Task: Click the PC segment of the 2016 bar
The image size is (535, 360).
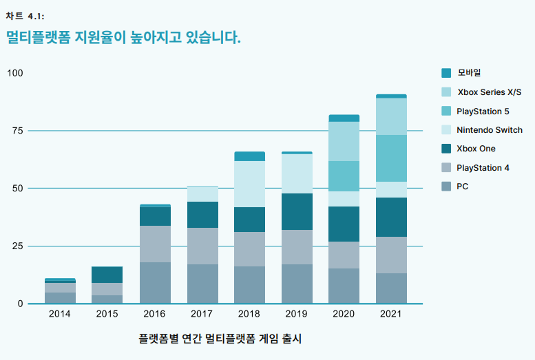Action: coord(156,282)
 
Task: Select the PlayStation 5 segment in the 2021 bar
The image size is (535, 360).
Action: coord(391,158)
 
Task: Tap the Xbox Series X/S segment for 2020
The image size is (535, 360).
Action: coord(344,141)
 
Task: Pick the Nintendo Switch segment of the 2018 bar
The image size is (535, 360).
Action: coord(250,184)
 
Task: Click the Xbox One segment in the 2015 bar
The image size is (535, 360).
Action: coord(107,275)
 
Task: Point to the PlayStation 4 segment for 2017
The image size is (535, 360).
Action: coord(202,246)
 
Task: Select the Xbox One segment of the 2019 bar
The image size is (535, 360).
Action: coord(297,211)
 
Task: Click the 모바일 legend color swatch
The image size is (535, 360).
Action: coord(446,73)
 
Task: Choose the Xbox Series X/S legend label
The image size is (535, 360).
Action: coord(490,92)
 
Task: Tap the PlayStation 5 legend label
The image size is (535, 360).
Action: coord(483,111)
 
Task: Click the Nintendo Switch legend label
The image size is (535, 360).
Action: coord(490,130)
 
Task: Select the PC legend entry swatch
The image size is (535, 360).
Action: coord(446,187)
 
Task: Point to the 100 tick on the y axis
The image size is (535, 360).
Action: coord(15,73)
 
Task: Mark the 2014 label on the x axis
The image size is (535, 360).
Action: coord(60,315)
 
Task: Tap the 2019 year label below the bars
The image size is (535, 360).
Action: coord(297,315)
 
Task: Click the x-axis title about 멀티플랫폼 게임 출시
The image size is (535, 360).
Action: coord(220,339)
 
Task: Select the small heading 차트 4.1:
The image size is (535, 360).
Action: coord(25,16)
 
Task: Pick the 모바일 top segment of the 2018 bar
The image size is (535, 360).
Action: coord(250,156)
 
